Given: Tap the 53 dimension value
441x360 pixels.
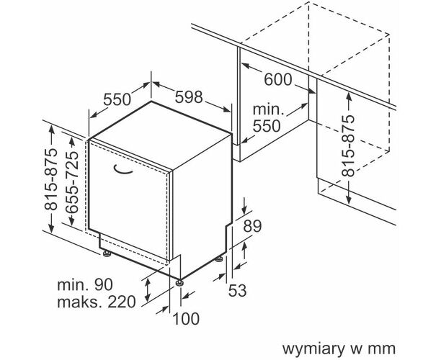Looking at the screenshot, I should pos(238,290).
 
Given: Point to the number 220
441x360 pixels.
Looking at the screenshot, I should pos(121,302).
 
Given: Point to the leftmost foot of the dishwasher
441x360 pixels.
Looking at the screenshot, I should pos(107,253).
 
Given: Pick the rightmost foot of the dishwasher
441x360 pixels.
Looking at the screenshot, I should pos(219,258).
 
